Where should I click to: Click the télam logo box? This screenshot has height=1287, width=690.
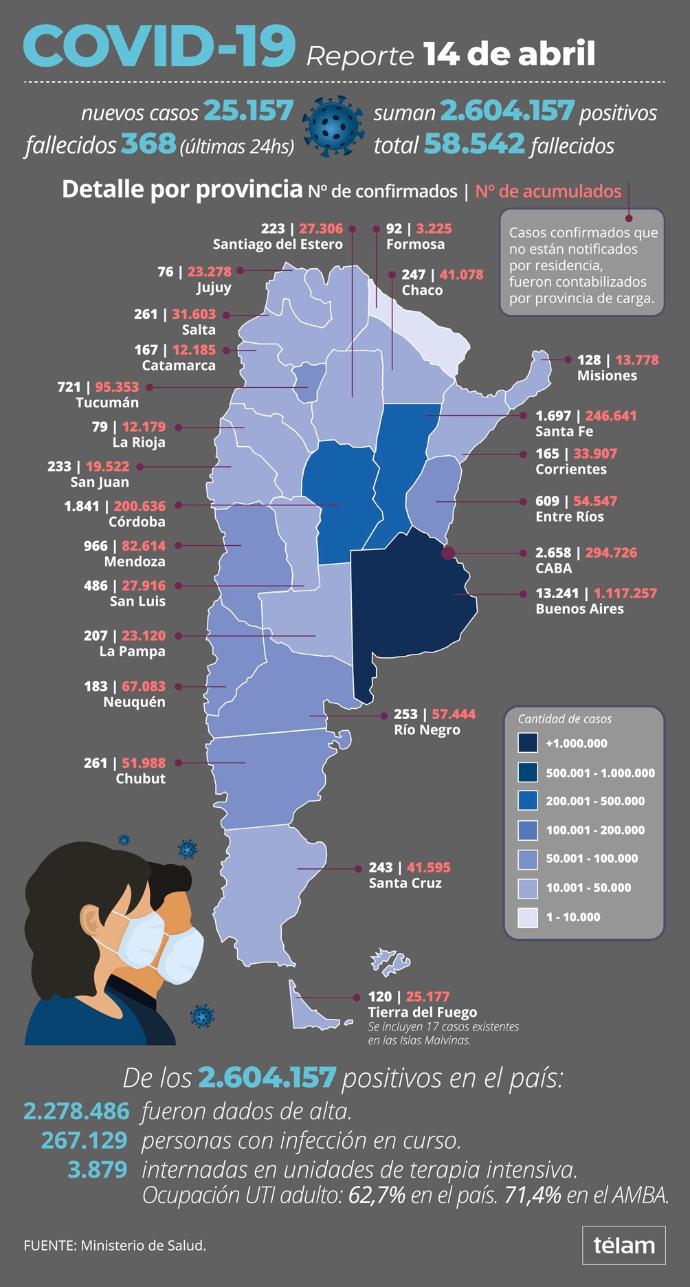point(623,1245)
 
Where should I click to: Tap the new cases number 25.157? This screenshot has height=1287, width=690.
point(249,111)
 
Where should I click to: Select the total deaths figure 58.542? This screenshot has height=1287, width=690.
point(474,144)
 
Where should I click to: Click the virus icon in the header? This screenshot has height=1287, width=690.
point(333,126)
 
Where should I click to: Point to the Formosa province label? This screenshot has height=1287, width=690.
point(415,245)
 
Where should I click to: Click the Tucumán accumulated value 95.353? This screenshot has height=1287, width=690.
point(117,387)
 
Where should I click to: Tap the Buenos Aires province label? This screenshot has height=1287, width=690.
point(579,609)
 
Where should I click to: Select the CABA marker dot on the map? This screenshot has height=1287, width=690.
point(448,553)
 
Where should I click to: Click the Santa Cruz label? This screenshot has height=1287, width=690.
point(405,883)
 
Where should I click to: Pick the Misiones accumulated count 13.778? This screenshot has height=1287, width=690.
point(636,360)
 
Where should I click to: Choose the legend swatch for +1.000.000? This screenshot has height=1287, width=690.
point(528,743)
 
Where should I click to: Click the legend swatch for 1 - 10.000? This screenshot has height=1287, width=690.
point(528,917)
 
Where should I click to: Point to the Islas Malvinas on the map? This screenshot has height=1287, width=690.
point(390,961)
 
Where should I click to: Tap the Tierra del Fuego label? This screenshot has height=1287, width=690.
point(422,1013)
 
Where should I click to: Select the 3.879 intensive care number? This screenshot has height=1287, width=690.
point(98,1169)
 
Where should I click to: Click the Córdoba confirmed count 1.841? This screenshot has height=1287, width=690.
point(82,506)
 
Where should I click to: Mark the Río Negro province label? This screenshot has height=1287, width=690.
point(427,730)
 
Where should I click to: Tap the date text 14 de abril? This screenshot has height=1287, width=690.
point(509,54)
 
